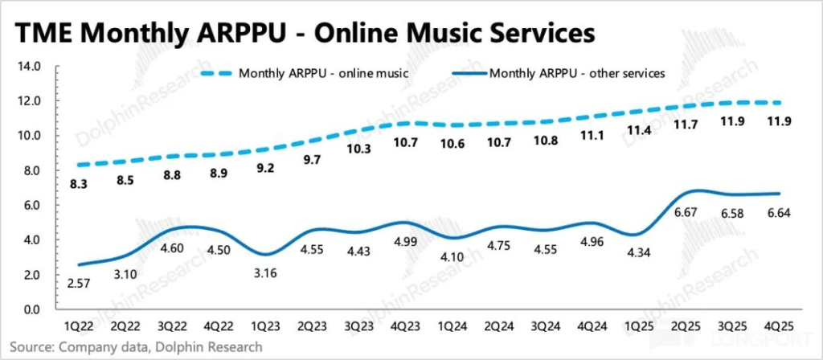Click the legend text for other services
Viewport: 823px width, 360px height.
577,73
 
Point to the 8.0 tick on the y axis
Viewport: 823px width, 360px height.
31,170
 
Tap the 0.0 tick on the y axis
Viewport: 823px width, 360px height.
31,309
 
